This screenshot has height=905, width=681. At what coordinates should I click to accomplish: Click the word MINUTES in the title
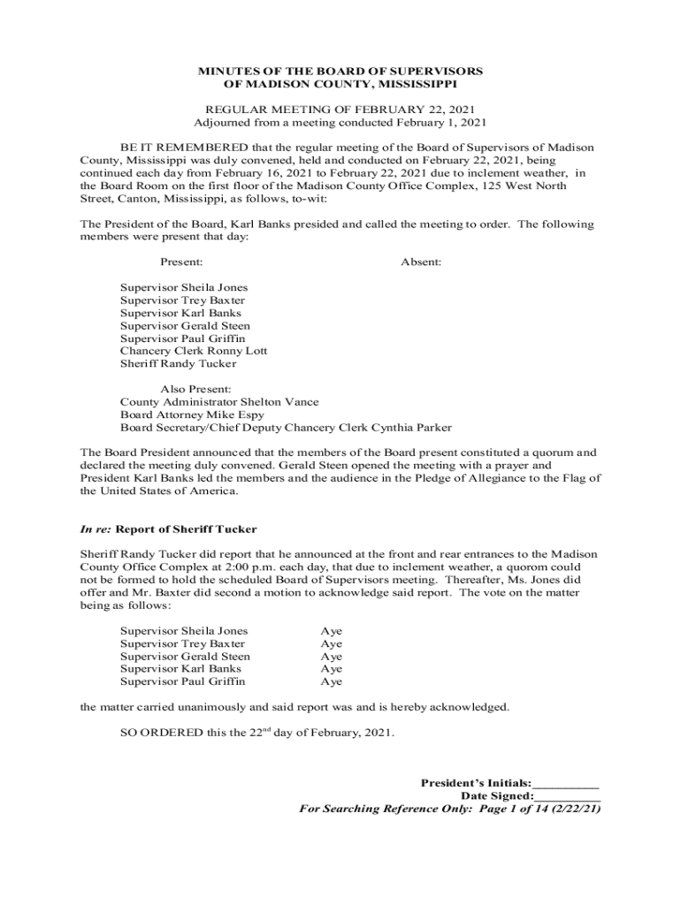(x=225, y=71)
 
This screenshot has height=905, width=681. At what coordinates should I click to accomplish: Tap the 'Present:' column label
(x=181, y=262)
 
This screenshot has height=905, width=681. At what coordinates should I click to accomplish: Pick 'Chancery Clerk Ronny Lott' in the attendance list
(x=194, y=351)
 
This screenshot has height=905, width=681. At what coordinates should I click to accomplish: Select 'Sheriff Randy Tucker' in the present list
(x=178, y=363)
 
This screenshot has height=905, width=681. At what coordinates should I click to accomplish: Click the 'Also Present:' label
(x=195, y=389)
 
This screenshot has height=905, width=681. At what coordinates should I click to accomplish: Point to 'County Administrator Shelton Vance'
(x=219, y=401)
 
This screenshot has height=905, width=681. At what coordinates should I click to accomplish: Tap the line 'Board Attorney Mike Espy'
(x=192, y=414)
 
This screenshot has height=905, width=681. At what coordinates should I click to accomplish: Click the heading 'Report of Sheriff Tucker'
(x=187, y=529)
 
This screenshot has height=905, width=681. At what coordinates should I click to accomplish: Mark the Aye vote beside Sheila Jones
(x=331, y=631)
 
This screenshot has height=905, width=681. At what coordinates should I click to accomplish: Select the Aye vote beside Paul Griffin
(x=331, y=682)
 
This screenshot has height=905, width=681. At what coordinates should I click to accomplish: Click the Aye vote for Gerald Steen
(x=331, y=657)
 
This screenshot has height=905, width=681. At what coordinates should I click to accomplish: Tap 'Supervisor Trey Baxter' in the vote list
(x=183, y=643)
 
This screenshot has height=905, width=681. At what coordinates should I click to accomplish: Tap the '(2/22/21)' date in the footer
(x=572, y=809)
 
